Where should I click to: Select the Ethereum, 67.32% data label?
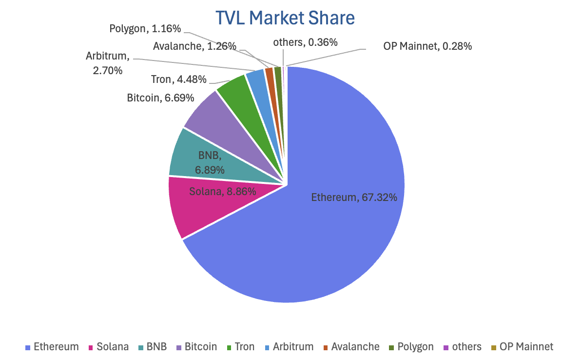[x=354, y=198]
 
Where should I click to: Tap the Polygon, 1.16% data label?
[x=145, y=29]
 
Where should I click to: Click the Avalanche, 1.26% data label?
[x=194, y=46]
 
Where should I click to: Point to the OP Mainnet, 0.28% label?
[x=427, y=46]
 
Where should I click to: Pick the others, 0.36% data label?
[x=305, y=42]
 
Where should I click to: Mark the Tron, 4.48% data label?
[x=179, y=79]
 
